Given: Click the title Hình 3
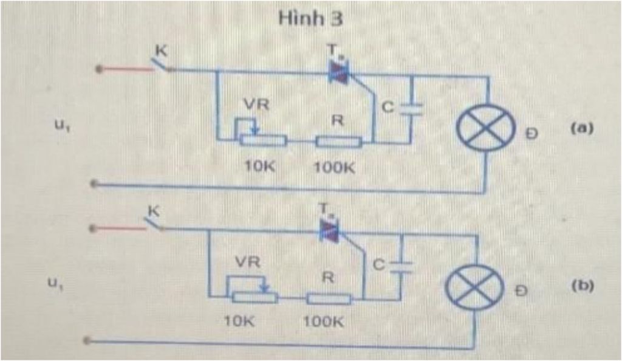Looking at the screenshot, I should coord(310,18).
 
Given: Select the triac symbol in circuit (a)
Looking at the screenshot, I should coord(338,72).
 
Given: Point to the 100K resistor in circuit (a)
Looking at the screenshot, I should coord(339,142).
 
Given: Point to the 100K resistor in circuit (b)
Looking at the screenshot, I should coord(329,298).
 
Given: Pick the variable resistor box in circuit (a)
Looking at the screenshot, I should coord(263,141).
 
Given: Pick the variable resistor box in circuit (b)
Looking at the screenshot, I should coord(254,298).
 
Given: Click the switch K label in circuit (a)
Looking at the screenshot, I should coord(159,53).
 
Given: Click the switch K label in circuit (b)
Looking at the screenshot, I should coord(152,211).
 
